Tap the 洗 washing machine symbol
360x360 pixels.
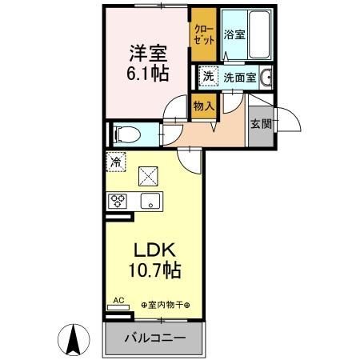pyautogui.click(x=208, y=78)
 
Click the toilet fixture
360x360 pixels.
pyautogui.click(x=127, y=133)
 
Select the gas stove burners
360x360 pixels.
pyautogui.click(x=117, y=202)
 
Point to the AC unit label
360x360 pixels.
pyautogui.click(x=118, y=301)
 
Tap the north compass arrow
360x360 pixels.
pyautogui.click(x=73, y=341)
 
